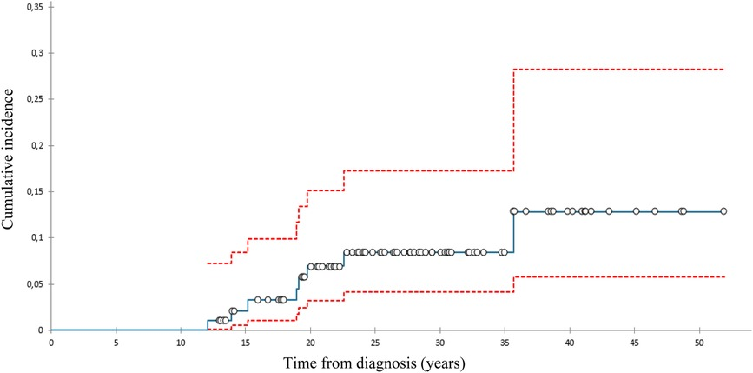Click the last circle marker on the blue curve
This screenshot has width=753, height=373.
pos(723,211)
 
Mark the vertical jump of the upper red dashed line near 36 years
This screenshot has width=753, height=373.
pos(514,120)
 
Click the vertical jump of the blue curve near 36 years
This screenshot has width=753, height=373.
pos(514,232)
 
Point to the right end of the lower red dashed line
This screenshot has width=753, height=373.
pos(723,276)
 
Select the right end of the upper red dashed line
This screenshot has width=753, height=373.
pos(723,69)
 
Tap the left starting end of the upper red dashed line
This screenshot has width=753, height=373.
pos(207,263)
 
